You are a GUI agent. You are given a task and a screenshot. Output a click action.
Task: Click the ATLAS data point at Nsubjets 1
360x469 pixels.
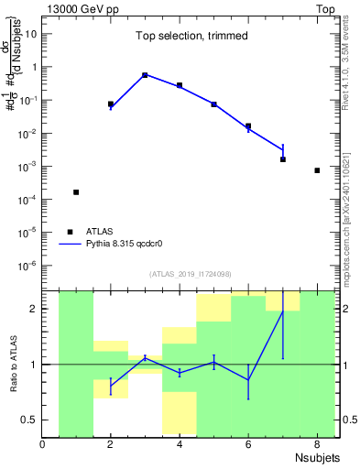click(x=76, y=192)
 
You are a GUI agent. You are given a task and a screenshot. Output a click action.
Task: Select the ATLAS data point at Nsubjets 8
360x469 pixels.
click(x=317, y=170)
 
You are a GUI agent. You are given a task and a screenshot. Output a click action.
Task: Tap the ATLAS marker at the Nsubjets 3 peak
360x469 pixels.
click(x=145, y=75)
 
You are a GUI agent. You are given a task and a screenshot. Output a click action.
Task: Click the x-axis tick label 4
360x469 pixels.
click(x=180, y=445)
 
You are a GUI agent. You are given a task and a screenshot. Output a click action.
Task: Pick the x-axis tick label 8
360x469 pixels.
click(x=317, y=445)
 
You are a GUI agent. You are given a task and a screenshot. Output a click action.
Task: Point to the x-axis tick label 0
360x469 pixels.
click(x=42, y=445)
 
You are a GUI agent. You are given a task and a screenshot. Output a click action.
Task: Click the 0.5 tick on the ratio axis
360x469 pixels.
click(x=29, y=420)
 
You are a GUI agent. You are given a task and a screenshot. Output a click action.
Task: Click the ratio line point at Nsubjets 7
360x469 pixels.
click(x=283, y=311)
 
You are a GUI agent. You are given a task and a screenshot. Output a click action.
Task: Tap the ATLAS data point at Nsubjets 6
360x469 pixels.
click(x=248, y=126)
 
